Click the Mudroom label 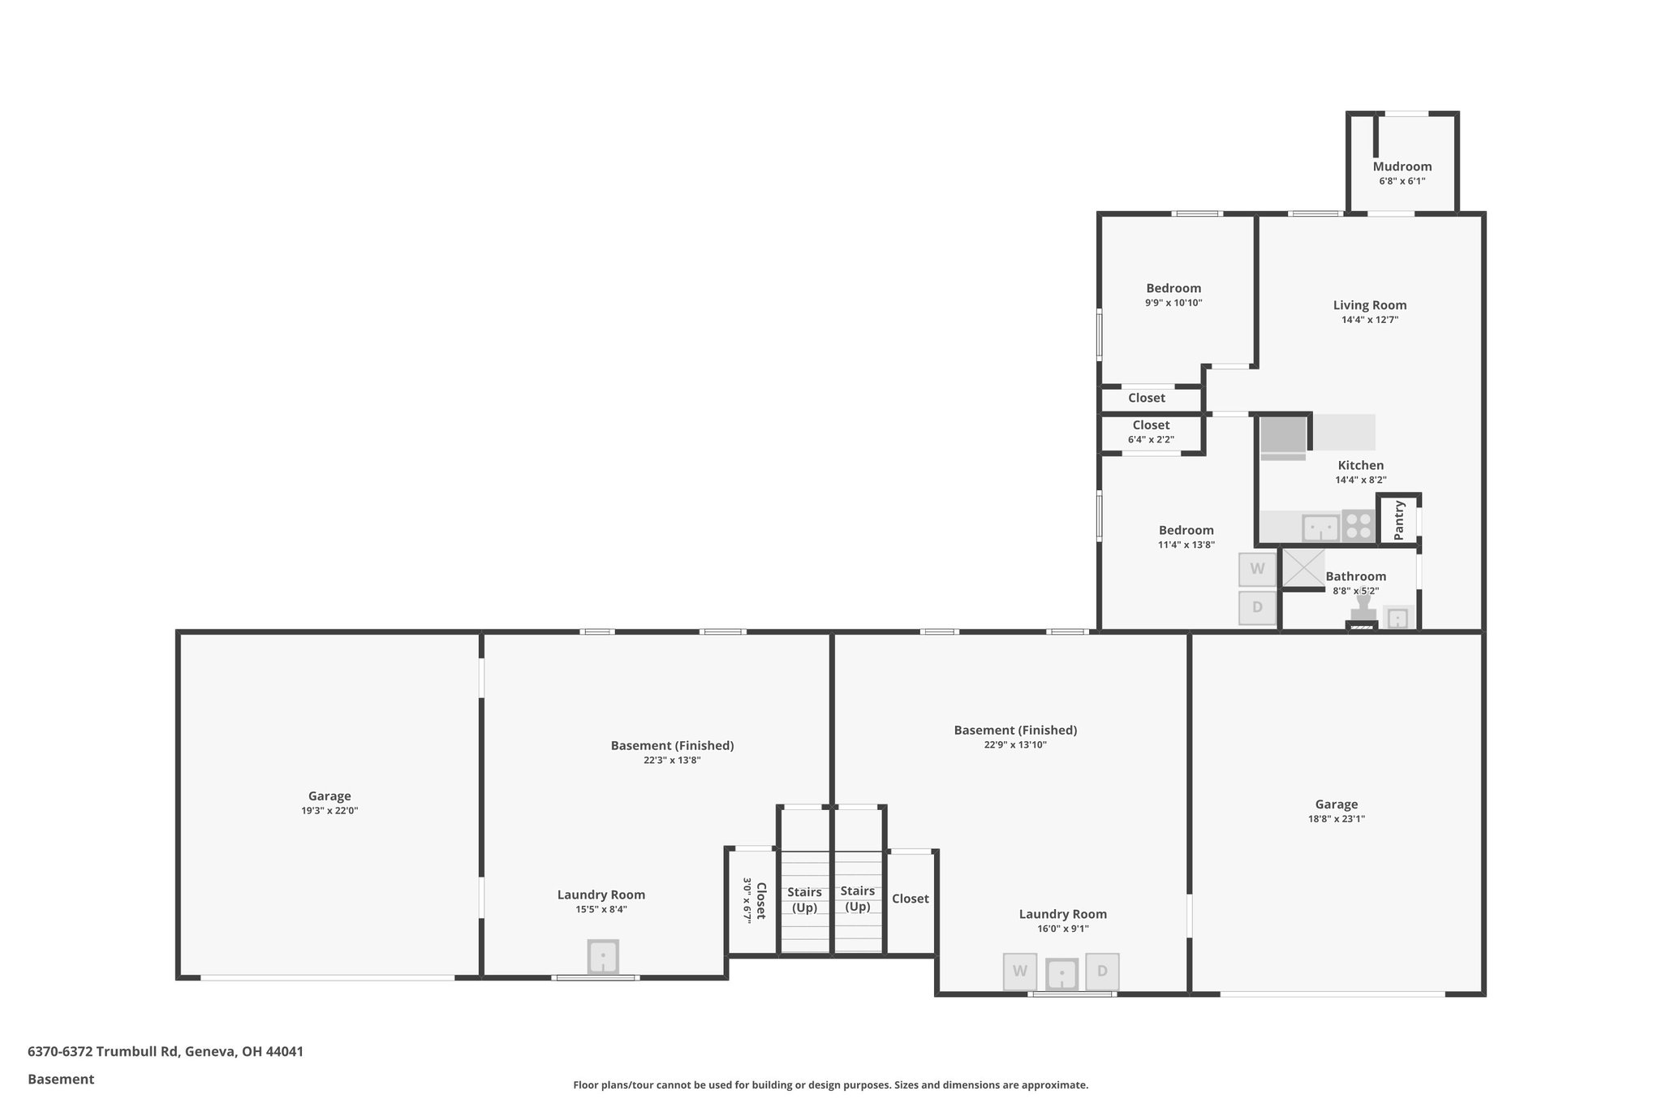[x=1402, y=166]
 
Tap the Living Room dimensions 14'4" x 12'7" [x=1369, y=320]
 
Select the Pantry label [x=1399, y=520]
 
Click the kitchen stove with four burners [x=1358, y=525]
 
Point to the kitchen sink [x=1320, y=528]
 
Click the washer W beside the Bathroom [x=1257, y=569]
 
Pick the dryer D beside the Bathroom [x=1257, y=607]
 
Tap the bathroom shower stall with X [x=1302, y=568]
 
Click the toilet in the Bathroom [x=1363, y=609]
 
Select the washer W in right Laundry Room [x=1019, y=971]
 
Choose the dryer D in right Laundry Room [x=1102, y=971]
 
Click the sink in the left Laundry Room [x=602, y=957]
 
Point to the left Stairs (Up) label [x=804, y=899]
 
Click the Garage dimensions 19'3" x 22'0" [x=329, y=811]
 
